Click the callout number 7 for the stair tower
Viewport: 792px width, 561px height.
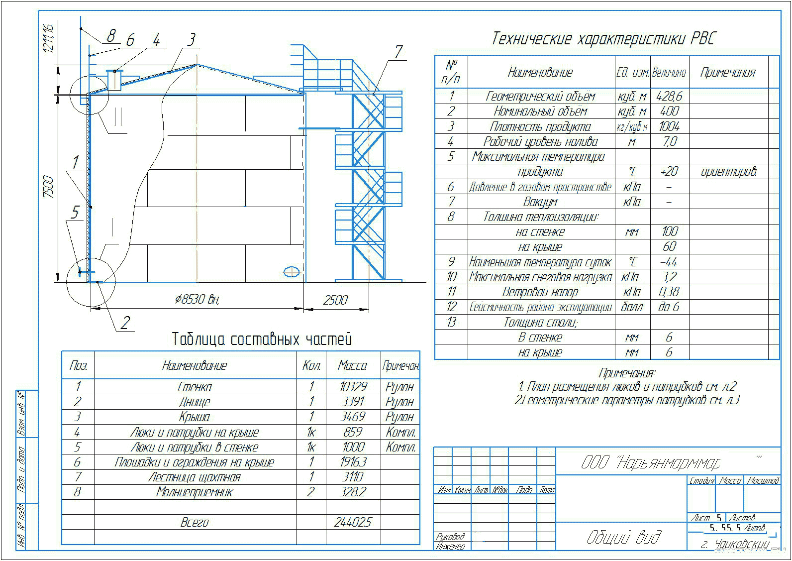click(x=398, y=52)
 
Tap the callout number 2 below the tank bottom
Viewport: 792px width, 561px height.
click(x=125, y=323)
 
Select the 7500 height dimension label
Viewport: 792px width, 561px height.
click(x=48, y=187)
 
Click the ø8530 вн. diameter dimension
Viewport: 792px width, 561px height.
click(x=198, y=299)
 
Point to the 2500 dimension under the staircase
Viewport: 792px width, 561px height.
click(x=335, y=300)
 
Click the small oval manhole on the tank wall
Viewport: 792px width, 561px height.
click(x=291, y=271)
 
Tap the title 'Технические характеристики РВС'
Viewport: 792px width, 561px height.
click(x=603, y=39)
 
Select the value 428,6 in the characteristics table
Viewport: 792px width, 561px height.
click(x=669, y=96)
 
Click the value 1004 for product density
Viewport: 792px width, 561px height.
click(x=669, y=126)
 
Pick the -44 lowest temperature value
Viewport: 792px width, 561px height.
click(x=669, y=262)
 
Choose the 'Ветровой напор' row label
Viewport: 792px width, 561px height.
click(x=540, y=292)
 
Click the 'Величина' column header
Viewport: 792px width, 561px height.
click(x=669, y=73)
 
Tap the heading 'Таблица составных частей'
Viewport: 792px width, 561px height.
click(x=262, y=339)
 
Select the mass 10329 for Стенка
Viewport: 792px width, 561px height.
click(x=353, y=387)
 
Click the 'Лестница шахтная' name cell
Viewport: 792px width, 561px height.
click(x=195, y=477)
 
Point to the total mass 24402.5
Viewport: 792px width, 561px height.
click(x=353, y=522)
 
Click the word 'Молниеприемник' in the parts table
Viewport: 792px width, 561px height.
click(x=195, y=492)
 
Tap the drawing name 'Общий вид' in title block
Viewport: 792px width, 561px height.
click(x=624, y=537)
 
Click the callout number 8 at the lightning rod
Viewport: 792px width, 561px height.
click(x=111, y=35)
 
